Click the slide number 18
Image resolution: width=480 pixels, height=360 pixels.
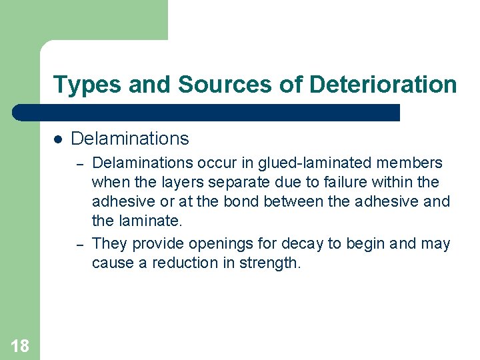tap(20, 345)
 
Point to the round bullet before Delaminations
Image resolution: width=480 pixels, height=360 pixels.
tap(58, 139)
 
